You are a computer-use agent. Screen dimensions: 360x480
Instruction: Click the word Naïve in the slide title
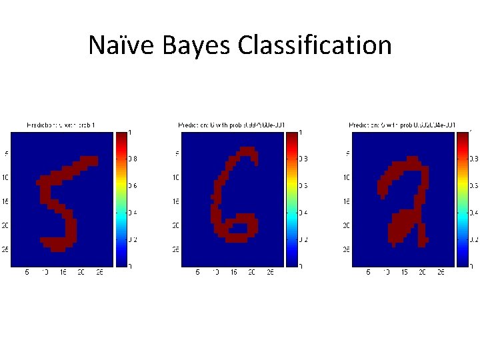click(x=116, y=45)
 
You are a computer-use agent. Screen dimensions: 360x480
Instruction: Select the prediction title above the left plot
click(x=64, y=125)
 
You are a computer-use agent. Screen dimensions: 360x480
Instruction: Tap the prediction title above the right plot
click(x=403, y=125)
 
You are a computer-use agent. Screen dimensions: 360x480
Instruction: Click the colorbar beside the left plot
click(x=121, y=199)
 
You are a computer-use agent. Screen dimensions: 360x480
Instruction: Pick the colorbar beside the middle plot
click(x=291, y=199)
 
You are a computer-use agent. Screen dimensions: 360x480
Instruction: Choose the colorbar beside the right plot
click(x=462, y=199)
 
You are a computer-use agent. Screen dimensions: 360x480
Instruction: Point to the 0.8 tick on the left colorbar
click(x=133, y=159)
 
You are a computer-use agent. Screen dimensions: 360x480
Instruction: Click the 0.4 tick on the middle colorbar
click(x=303, y=213)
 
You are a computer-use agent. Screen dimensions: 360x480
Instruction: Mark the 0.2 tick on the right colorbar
click(x=474, y=239)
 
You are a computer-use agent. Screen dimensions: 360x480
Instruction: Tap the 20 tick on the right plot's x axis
click(x=422, y=272)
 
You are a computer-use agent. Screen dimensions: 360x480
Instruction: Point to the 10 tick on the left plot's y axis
click(x=5, y=177)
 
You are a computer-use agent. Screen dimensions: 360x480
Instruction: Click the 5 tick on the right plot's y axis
click(x=347, y=153)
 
